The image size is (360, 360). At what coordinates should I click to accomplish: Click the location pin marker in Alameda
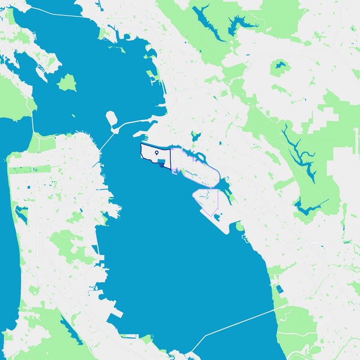pos(157,153)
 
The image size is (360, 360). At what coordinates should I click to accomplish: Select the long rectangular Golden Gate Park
pos(30,170)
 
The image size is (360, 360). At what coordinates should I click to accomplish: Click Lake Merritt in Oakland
pos(193,137)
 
